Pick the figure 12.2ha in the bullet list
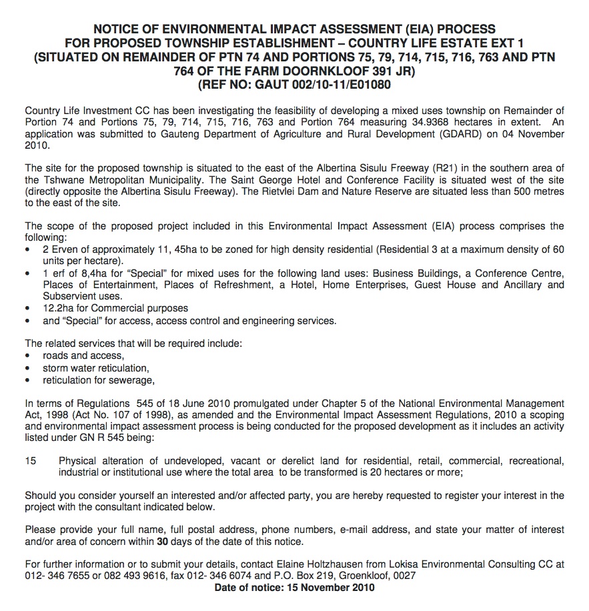click(60, 308)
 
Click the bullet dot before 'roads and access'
click(27, 356)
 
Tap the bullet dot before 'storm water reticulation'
click(27, 368)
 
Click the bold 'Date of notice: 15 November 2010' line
click(294, 587)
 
